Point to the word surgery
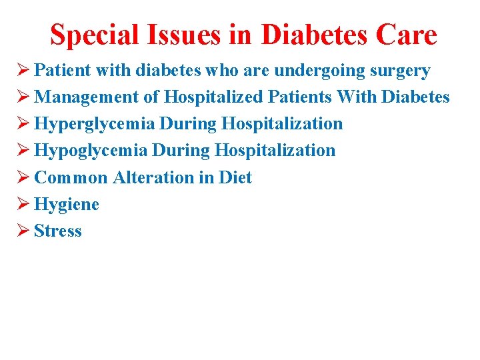(x=398, y=71)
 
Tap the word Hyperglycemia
(x=94, y=124)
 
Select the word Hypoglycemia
(x=91, y=151)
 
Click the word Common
(x=71, y=177)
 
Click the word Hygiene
(x=67, y=204)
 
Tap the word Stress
(x=58, y=231)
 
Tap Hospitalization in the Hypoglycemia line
(x=275, y=151)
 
